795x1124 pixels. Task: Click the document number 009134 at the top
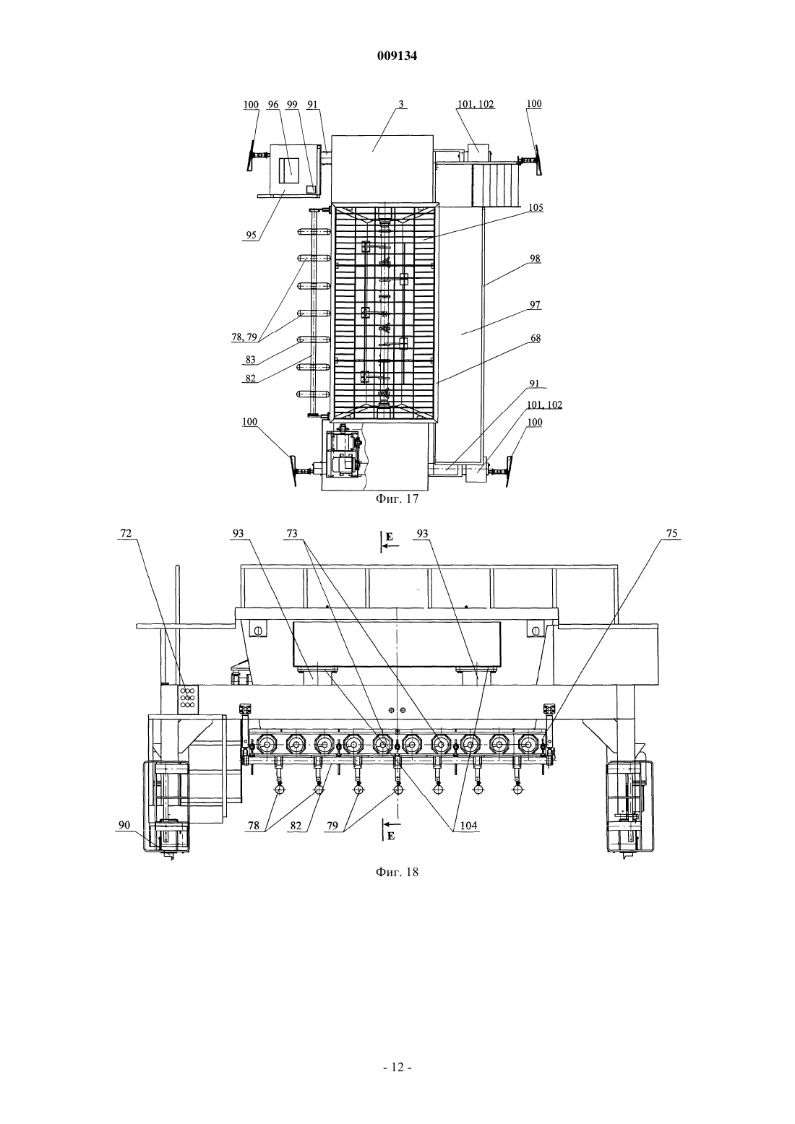[x=397, y=56]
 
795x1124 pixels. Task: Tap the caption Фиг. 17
[x=397, y=498]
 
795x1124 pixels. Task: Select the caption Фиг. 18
[x=397, y=872]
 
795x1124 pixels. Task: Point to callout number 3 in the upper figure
[x=401, y=104]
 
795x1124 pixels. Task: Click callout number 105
[x=536, y=207]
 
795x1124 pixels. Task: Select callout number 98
[x=535, y=259]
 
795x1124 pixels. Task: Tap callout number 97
[x=535, y=305]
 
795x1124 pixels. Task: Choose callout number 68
[x=536, y=338]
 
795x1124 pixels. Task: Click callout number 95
[x=251, y=235]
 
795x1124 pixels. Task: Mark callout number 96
[x=273, y=104]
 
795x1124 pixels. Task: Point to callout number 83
[x=251, y=359]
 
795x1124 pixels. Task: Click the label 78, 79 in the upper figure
[x=244, y=337]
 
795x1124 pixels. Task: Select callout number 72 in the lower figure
[x=126, y=533]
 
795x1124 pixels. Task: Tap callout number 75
[x=672, y=533]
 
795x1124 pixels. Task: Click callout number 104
[x=469, y=826]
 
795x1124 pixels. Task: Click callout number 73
[x=292, y=533]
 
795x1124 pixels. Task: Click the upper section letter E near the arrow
[x=390, y=537]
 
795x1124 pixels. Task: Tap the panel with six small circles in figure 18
[x=188, y=698]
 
